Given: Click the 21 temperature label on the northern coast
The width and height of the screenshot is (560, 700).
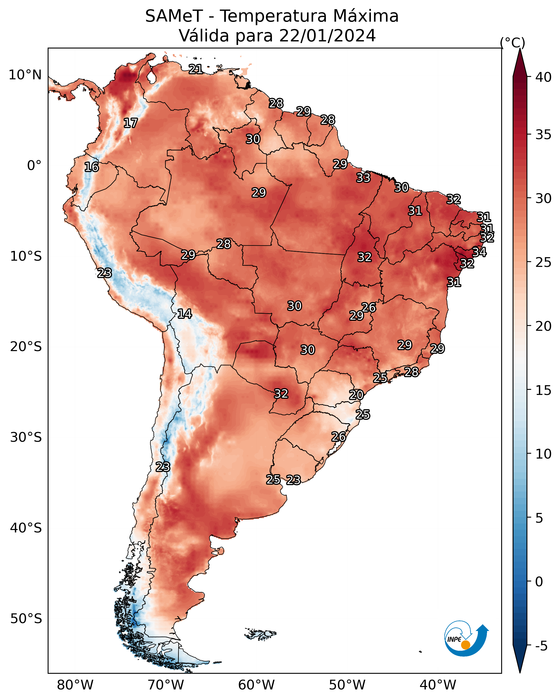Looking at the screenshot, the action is pyautogui.click(x=196, y=69).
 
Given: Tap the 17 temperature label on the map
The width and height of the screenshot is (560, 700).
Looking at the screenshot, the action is pyautogui.click(x=131, y=123).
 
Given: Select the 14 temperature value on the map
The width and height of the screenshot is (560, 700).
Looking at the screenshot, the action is pyautogui.click(x=184, y=314).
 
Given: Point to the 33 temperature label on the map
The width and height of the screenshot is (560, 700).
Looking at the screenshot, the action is pyautogui.click(x=363, y=178).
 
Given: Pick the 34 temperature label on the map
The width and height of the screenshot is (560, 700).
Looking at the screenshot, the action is pyautogui.click(x=479, y=252).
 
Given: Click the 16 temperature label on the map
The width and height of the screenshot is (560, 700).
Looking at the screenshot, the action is pyautogui.click(x=92, y=167).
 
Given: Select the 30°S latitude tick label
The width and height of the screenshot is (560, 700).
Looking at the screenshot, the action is pyautogui.click(x=26, y=437).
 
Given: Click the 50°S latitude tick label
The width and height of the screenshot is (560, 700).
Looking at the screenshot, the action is pyautogui.click(x=26, y=619).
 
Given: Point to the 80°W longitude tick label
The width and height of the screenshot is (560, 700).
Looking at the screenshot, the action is pyautogui.click(x=75, y=685).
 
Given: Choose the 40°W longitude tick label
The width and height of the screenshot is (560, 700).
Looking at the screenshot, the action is pyautogui.click(x=438, y=685).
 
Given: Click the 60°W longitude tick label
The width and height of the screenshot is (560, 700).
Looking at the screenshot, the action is pyautogui.click(x=257, y=685).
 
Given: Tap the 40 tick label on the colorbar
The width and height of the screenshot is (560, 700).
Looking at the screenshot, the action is pyautogui.click(x=543, y=77).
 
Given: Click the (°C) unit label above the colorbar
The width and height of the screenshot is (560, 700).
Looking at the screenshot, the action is pyautogui.click(x=513, y=42).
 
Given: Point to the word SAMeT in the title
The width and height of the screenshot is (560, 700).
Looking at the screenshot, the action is pyautogui.click(x=174, y=16).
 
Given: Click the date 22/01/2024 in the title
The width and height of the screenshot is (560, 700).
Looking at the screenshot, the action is pyautogui.click(x=327, y=35).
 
